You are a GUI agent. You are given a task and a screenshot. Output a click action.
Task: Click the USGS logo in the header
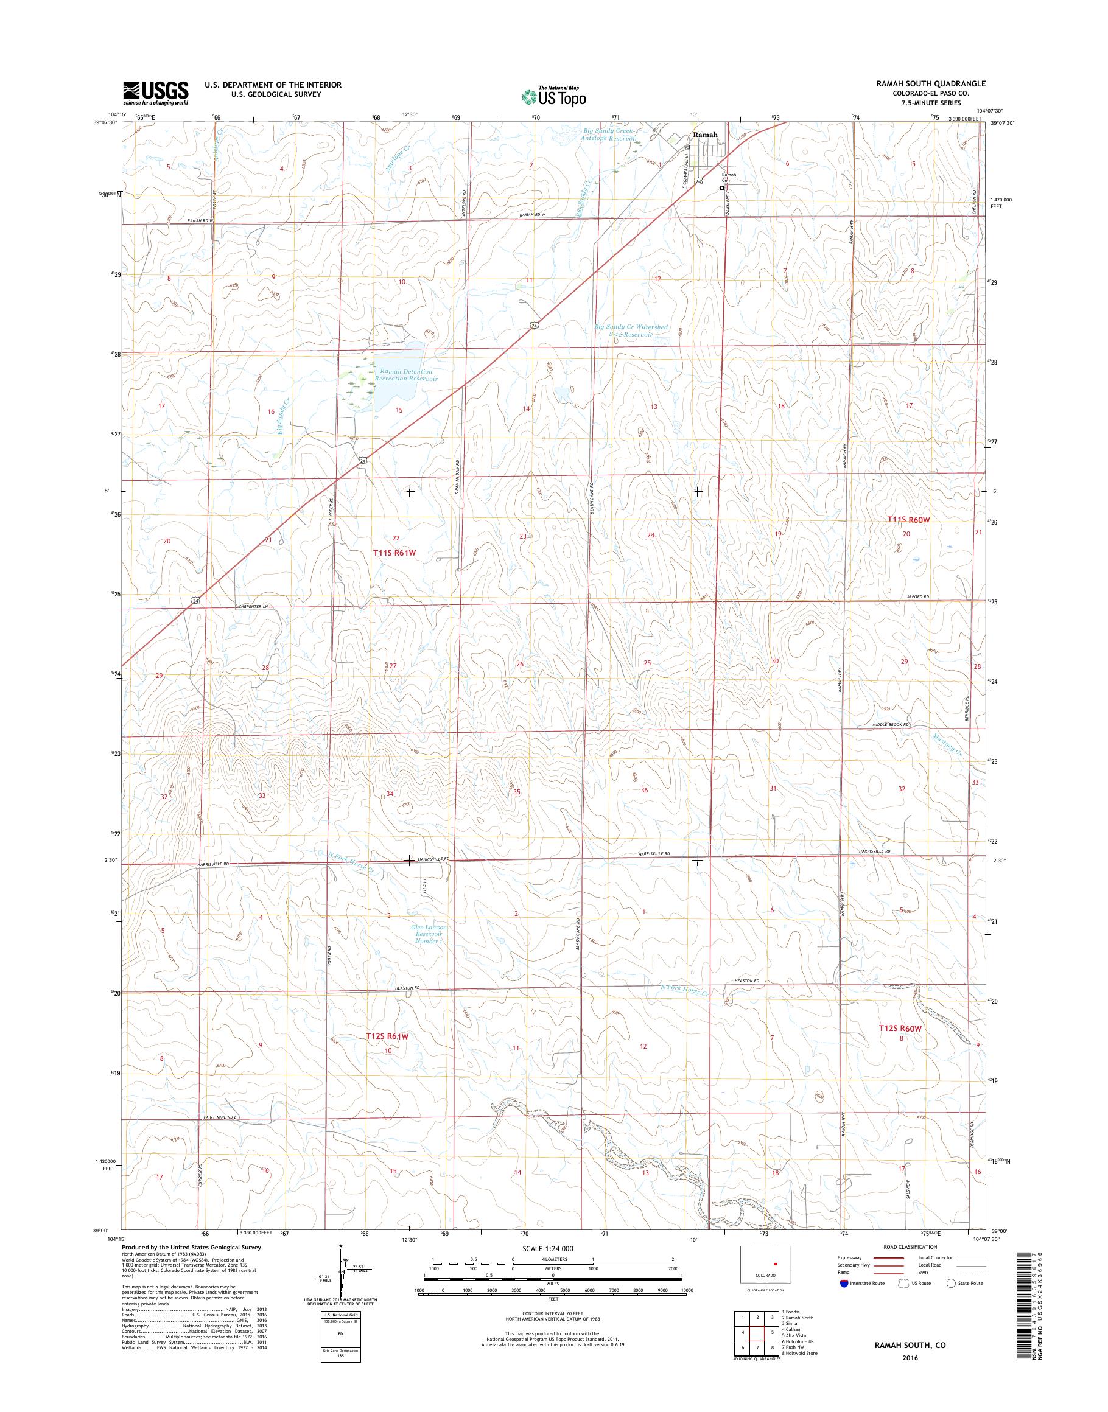156,93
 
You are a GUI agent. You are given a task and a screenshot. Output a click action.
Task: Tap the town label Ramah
705,135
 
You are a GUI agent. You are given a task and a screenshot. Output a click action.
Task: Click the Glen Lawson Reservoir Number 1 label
429,934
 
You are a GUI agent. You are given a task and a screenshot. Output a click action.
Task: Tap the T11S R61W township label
393,553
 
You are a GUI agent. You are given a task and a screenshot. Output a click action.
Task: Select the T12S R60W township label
900,1046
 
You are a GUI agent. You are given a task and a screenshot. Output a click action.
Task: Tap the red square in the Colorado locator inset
774,1263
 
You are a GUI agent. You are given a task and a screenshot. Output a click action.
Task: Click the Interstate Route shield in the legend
844,1283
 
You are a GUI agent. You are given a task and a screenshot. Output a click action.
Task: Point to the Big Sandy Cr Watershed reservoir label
631,331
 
